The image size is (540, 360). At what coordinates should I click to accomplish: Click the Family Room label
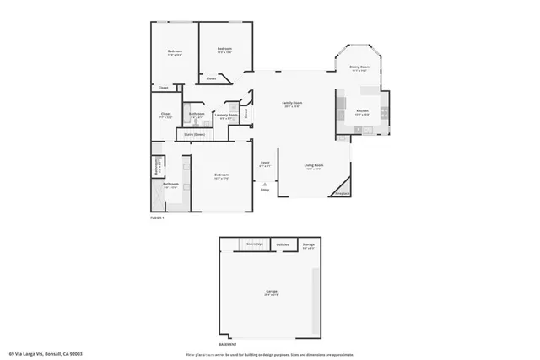click(292, 104)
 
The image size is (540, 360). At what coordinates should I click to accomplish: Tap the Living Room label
click(314, 166)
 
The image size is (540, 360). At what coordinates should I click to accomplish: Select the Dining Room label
click(359, 68)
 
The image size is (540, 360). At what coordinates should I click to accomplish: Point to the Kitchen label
click(362, 110)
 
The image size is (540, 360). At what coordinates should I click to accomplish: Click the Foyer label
click(264, 164)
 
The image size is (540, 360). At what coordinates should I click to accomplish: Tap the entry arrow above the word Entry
click(264, 183)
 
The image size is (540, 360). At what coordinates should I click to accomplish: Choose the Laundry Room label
click(225, 116)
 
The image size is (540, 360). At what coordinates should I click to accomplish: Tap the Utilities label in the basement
click(282, 244)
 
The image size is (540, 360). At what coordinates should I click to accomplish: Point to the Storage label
click(309, 245)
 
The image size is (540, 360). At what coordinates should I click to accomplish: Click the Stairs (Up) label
click(254, 244)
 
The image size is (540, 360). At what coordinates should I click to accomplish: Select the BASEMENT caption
click(229, 344)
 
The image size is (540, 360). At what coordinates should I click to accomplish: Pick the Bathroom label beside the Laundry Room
click(197, 115)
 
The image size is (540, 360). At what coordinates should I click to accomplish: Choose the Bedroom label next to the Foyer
click(222, 175)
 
